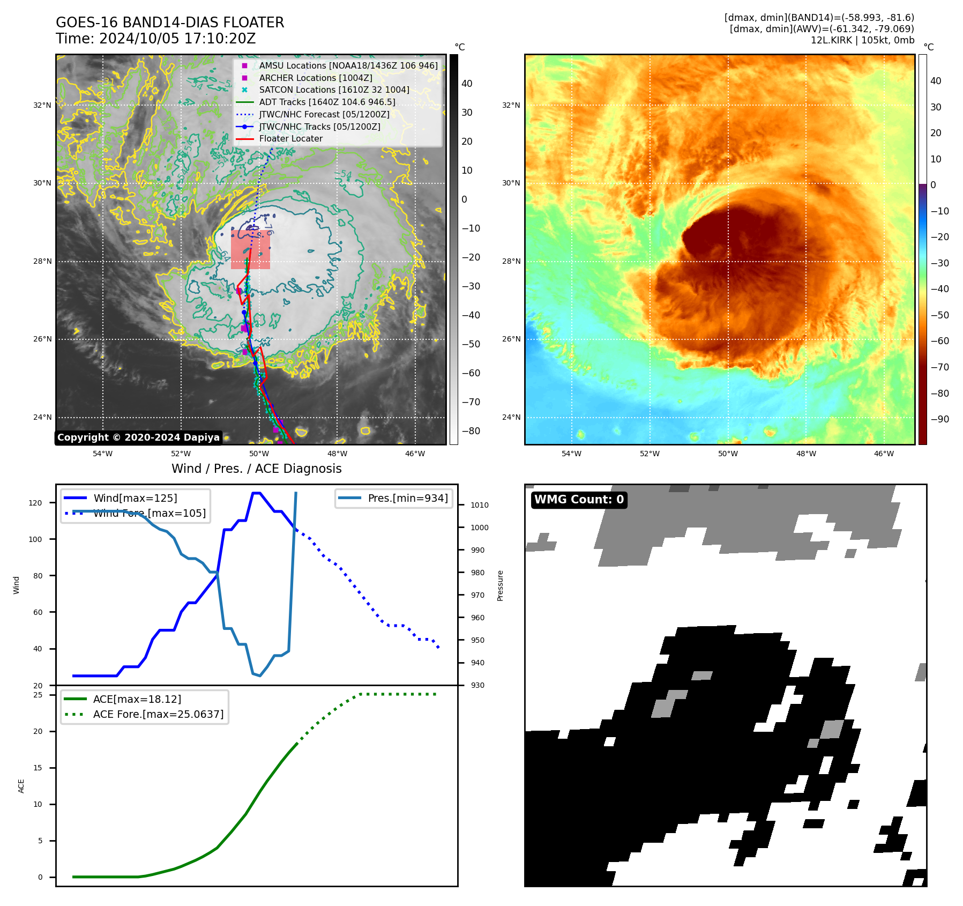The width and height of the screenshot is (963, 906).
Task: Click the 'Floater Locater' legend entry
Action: coord(290,139)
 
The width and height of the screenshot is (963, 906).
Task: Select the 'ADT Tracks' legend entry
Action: coord(327,102)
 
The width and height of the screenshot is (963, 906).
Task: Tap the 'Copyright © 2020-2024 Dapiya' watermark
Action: coord(138,437)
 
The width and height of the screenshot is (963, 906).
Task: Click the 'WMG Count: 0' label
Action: coord(579,500)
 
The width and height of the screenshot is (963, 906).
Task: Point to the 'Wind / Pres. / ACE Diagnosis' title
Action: coord(256,469)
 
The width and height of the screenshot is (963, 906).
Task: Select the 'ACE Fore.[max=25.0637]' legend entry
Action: coord(158,714)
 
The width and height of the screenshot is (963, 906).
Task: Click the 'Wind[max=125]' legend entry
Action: coord(135,498)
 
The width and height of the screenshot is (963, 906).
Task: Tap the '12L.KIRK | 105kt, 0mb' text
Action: coord(862,40)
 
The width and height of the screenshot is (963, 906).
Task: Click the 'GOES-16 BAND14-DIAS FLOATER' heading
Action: coord(170,23)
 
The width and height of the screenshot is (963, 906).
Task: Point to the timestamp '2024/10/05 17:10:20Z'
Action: coord(177,39)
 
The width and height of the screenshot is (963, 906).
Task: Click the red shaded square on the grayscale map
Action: coord(250,250)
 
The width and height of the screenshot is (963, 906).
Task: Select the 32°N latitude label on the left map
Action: coord(42,105)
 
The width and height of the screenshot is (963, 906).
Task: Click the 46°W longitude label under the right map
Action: coord(884,454)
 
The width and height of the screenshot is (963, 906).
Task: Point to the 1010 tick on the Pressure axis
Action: coord(479,505)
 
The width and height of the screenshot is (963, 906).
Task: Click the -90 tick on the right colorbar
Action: coord(939,419)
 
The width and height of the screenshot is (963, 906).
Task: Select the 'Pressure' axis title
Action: coord(500,585)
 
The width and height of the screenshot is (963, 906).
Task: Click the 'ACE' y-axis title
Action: coord(21,786)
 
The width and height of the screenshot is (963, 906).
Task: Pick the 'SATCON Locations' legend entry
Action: coord(334,90)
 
